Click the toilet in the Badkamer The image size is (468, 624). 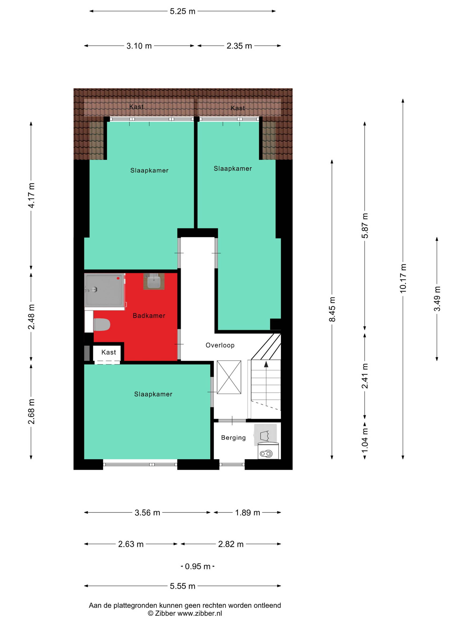pos(102,325)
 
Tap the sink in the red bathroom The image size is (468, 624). pos(154,281)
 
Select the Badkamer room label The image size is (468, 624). pos(149,316)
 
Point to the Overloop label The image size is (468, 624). pos(220,345)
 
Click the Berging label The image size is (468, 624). pos(233,438)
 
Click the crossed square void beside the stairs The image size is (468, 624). pos(229,377)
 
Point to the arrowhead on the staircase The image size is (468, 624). pos(266,365)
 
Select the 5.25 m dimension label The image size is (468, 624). pos(183,11)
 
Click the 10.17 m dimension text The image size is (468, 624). pos(403,278)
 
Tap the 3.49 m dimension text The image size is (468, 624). pos(437,299)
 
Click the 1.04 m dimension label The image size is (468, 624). pos(365,440)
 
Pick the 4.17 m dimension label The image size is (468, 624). pos(31,196)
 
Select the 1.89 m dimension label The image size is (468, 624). pos(247,513)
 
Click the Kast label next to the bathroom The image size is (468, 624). pos(109,352)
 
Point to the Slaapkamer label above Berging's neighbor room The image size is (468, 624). pos(153,394)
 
